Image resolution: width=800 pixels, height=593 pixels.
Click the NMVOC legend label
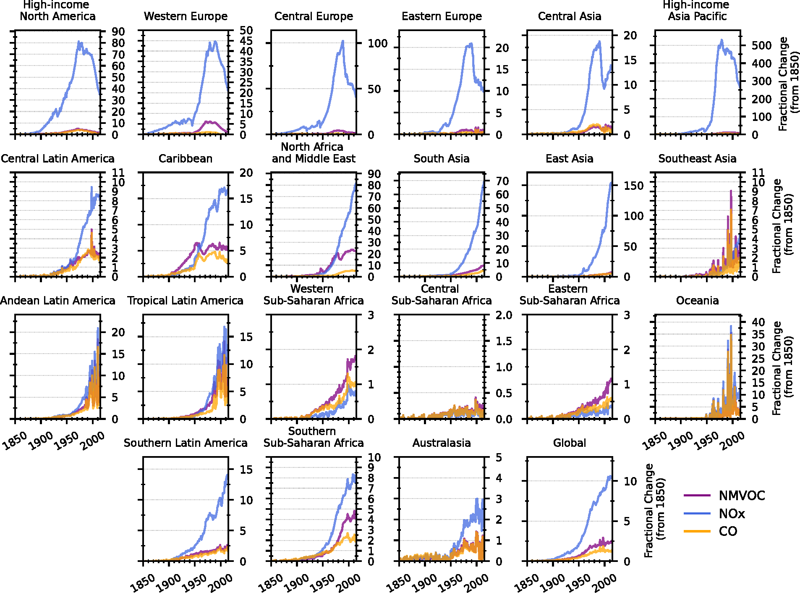[742, 496]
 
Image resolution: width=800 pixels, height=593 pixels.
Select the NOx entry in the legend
[732, 514]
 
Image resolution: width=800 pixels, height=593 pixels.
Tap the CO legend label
[728, 531]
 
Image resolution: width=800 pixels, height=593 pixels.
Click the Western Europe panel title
[186, 16]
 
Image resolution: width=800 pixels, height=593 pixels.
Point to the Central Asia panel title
[570, 16]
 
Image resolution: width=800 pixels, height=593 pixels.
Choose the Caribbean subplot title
[186, 159]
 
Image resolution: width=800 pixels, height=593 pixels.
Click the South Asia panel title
[442, 159]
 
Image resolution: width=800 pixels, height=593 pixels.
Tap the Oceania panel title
[697, 301]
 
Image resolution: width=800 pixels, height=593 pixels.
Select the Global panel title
[570, 443]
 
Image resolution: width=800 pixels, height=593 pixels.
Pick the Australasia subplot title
[442, 443]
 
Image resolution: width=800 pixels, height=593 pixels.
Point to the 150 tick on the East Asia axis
[634, 185]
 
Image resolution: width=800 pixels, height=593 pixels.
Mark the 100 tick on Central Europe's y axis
[378, 43]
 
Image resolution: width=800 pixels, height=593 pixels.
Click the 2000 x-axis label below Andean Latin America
[93, 441]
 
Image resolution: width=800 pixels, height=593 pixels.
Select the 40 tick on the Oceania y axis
[758, 322]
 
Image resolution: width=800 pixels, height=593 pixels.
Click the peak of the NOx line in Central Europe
[343, 41]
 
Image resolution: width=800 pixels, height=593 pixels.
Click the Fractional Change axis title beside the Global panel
[655, 510]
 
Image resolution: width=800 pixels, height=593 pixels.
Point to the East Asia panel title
[570, 159]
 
